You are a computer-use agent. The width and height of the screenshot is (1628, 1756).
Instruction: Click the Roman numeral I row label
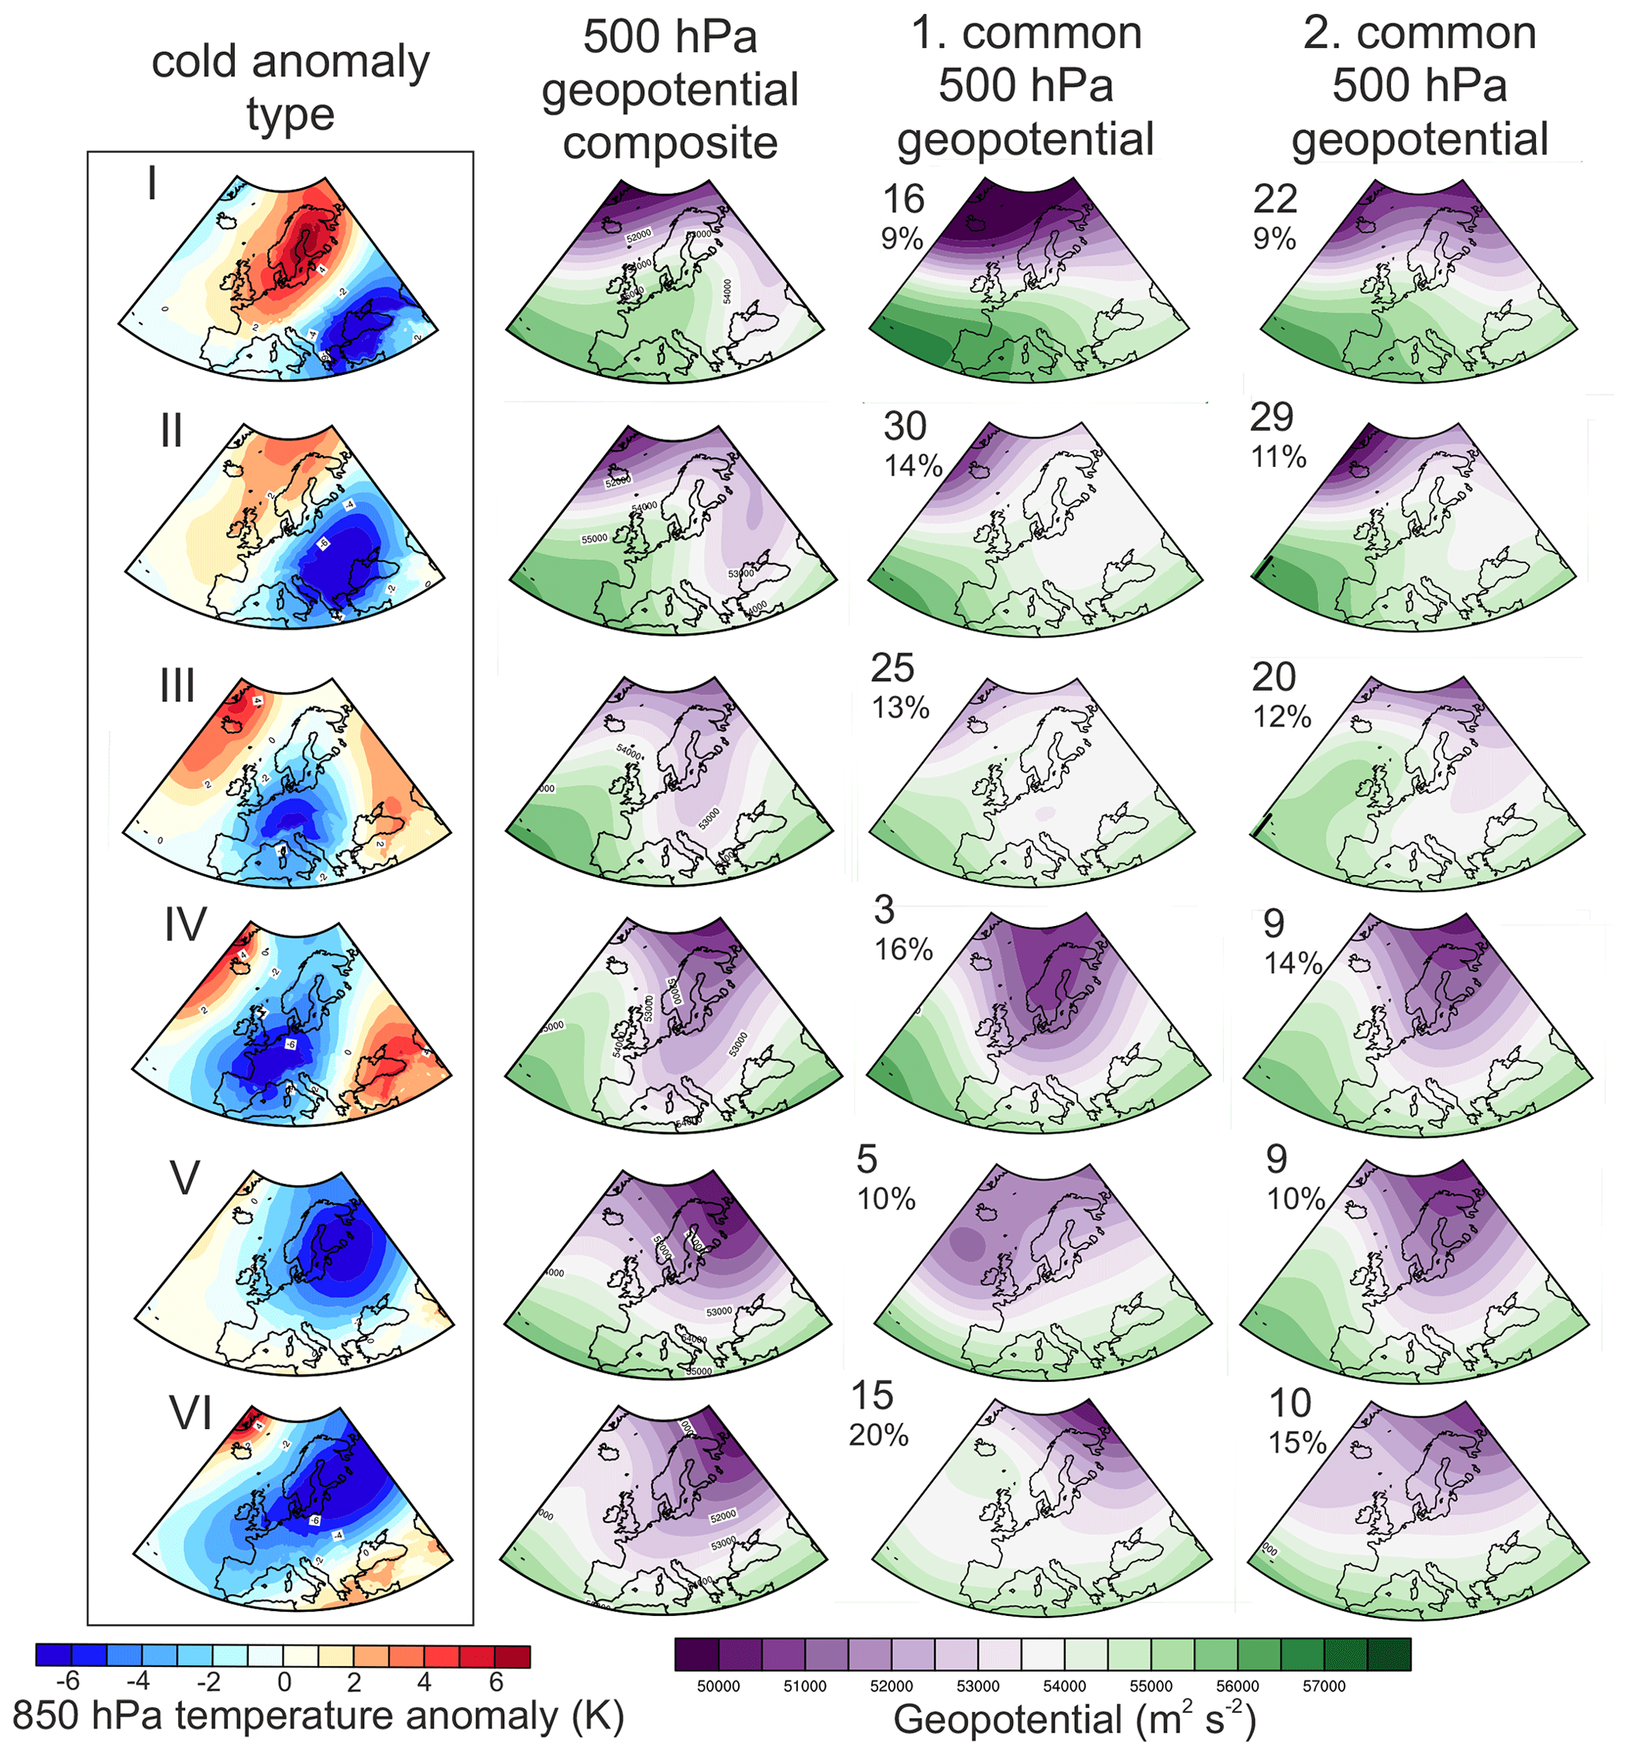click(x=153, y=184)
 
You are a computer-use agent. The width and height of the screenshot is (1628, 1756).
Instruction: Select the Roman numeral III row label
click(x=177, y=685)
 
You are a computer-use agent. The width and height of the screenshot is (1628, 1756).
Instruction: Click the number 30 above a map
click(x=905, y=427)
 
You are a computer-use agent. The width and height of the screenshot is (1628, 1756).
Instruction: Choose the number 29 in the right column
click(x=1271, y=417)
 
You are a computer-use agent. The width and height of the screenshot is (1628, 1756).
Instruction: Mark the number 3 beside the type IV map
click(x=884, y=909)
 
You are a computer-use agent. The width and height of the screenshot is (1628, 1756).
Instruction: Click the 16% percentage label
click(x=903, y=950)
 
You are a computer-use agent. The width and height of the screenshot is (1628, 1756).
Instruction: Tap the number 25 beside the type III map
click(x=892, y=669)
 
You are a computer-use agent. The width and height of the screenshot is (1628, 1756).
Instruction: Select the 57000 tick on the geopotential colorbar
click(x=1323, y=1686)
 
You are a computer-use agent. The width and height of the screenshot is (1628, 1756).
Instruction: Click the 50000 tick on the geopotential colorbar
click(x=718, y=1686)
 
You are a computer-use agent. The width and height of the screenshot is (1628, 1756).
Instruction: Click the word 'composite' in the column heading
click(x=669, y=143)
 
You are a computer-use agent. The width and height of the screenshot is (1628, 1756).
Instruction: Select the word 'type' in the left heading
click(x=290, y=114)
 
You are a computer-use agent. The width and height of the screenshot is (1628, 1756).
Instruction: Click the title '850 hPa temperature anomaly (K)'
click(x=318, y=1716)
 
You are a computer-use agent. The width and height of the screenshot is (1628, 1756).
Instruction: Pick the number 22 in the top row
click(x=1274, y=200)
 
